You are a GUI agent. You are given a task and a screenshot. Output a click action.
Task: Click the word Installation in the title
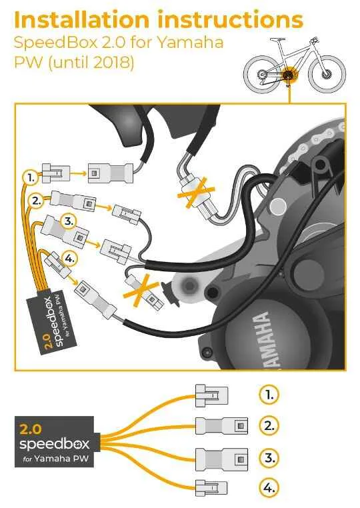click(81, 19)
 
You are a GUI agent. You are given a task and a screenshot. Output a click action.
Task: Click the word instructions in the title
click(231, 19)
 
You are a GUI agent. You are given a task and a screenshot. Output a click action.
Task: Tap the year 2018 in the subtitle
click(111, 62)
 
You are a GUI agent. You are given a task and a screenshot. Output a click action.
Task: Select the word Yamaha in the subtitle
click(191, 42)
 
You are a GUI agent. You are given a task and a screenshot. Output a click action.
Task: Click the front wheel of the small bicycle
click(327, 75)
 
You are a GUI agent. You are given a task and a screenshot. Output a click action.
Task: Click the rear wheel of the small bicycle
click(262, 75)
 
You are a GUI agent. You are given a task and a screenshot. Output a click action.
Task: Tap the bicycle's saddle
click(277, 39)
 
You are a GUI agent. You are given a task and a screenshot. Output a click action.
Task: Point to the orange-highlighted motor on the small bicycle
click(289, 75)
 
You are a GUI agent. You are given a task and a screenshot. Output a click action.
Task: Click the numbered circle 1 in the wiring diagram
click(31, 178)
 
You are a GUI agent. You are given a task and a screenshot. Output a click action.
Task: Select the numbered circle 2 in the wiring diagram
click(36, 201)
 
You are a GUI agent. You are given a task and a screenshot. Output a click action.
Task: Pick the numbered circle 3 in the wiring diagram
click(69, 221)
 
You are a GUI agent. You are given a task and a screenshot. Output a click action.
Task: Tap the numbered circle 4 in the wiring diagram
click(70, 259)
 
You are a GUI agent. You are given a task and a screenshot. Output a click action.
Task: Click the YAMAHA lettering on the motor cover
click(266, 340)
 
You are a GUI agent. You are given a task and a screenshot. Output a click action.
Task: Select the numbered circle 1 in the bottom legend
click(269, 395)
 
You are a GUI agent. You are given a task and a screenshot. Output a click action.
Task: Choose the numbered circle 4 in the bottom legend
click(269, 487)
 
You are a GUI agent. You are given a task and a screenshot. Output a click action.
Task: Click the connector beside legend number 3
click(221, 459)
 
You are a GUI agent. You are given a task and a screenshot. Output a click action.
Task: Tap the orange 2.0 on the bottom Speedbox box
click(31, 429)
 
